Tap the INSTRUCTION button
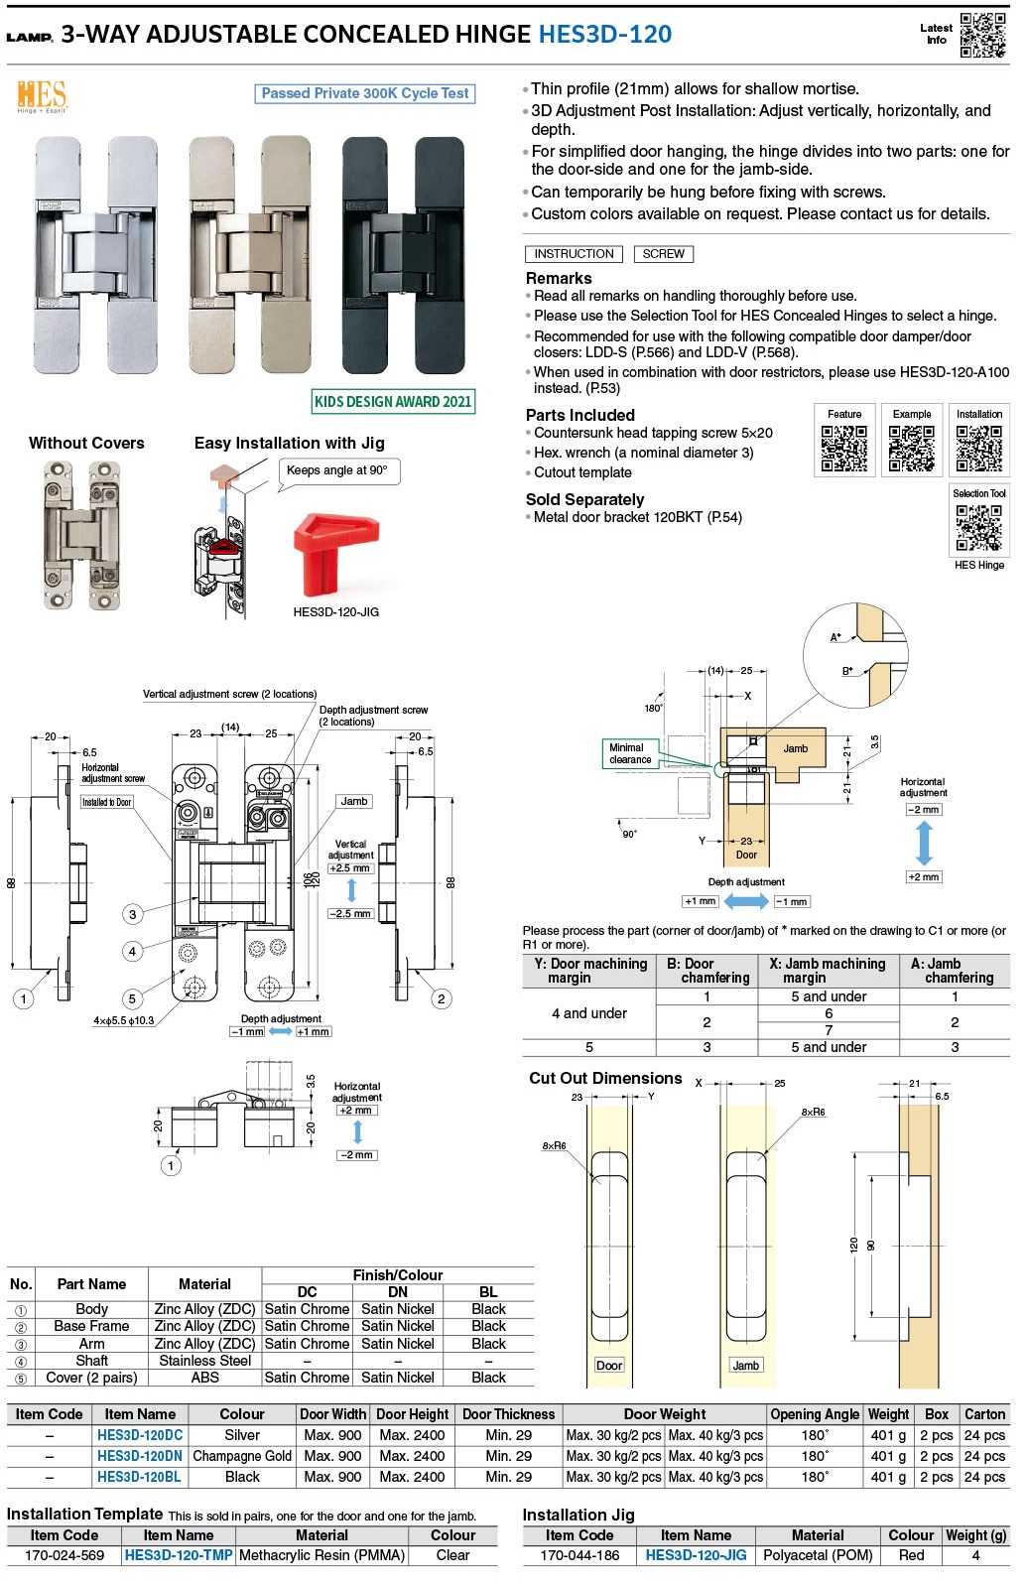click(574, 254)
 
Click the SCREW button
click(663, 254)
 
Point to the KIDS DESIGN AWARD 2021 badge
click(393, 402)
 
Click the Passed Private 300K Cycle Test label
click(365, 93)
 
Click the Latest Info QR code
click(982, 35)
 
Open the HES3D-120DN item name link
click(140, 1456)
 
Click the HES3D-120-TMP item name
click(179, 1555)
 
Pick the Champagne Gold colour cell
click(242, 1456)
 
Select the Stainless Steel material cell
click(204, 1361)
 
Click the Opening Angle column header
click(815, 1414)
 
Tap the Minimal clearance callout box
click(630, 754)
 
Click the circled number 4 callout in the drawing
click(132, 951)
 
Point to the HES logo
click(42, 96)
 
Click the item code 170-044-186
click(579, 1555)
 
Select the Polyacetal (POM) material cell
click(818, 1555)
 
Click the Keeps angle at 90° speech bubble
click(337, 470)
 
